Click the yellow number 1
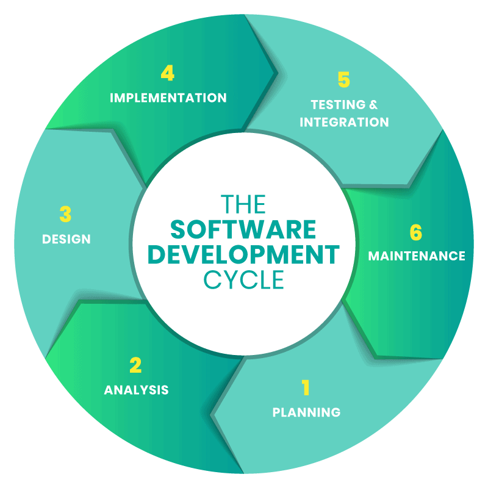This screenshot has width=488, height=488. pos(306,387)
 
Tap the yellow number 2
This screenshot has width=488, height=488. pos(135,365)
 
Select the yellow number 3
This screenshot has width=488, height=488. pos(65,214)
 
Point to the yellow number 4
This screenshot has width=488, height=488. pos(167,73)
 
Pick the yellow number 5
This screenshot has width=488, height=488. pos(344,79)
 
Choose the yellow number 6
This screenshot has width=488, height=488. pos(416,232)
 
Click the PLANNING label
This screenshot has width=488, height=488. pos(307,412)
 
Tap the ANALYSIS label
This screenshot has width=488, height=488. pos(136,390)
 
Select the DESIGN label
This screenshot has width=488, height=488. pos(66,239)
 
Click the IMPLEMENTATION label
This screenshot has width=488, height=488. pos(168,98)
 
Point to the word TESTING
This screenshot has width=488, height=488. pos(338,104)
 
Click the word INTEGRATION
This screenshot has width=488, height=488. pos(344,122)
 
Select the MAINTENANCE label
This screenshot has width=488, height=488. pos(417,256)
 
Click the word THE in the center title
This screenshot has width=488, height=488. pos(243,204)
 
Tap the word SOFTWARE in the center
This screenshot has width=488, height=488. pos(243,230)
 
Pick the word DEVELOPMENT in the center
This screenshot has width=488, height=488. pos(243,254)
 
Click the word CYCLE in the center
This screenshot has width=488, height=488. pos(243,279)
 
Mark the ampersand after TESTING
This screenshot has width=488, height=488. pos(373,104)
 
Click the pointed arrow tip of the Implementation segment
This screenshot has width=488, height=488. pos(277,73)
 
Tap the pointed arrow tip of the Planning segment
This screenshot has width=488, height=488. pos(212,415)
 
